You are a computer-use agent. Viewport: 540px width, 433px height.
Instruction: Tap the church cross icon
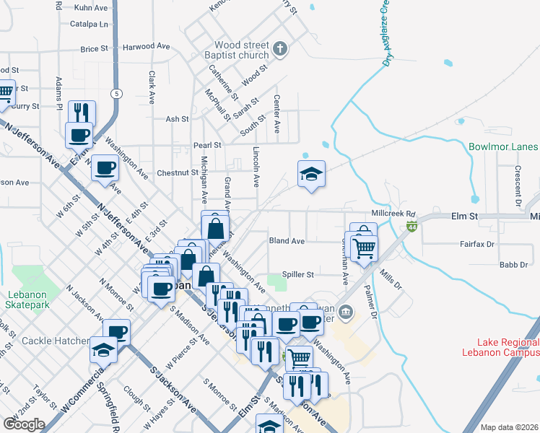pos(281,50)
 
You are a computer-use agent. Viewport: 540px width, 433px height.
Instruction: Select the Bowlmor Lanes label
pos(502,146)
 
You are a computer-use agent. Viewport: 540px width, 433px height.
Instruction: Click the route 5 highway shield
pos(116,94)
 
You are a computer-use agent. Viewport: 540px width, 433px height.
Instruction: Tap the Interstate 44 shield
pos(411,227)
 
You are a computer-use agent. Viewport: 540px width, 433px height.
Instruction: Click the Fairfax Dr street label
pos(476,245)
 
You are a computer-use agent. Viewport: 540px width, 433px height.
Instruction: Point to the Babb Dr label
pos(514,265)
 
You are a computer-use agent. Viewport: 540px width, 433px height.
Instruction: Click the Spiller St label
pos(301,274)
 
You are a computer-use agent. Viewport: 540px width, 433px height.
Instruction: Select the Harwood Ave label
pos(146,47)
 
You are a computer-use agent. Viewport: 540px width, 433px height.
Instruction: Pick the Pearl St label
pos(207,145)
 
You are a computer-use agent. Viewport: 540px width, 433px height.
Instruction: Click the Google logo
pos(24,424)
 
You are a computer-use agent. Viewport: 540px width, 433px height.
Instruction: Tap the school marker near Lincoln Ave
pos(311,174)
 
